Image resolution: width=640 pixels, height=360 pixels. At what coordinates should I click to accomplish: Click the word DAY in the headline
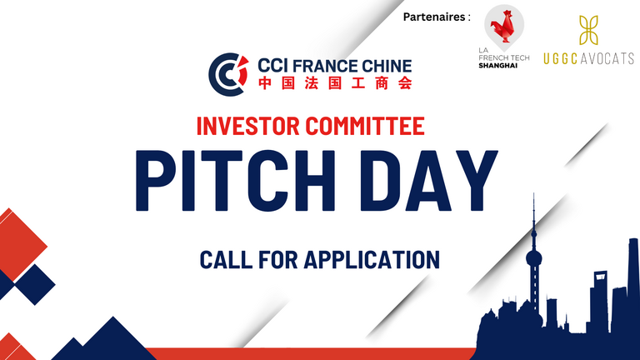429,180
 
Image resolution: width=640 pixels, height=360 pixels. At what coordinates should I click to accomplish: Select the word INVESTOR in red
247,126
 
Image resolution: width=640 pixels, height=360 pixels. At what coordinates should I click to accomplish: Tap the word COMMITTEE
365,126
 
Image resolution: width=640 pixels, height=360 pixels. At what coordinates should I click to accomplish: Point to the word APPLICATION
372,260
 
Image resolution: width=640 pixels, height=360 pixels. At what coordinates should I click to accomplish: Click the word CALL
226,260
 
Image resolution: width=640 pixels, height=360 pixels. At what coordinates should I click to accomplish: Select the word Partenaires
434,17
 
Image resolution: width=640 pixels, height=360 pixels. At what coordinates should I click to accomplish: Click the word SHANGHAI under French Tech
498,65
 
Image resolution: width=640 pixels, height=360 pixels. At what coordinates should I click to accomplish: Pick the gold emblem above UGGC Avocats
588,30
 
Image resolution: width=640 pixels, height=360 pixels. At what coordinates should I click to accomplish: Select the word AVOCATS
607,58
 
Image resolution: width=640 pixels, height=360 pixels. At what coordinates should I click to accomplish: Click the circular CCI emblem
228,74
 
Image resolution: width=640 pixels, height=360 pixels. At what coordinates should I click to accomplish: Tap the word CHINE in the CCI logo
384,66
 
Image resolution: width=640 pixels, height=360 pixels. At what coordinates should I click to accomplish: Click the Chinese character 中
265,82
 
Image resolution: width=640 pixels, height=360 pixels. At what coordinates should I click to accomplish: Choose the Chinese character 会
405,82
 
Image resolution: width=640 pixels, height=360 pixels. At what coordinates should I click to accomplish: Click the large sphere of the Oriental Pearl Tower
534,258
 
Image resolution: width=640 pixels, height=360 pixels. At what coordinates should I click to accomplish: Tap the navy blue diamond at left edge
35,284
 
